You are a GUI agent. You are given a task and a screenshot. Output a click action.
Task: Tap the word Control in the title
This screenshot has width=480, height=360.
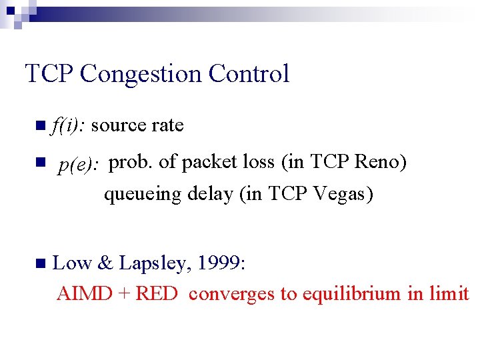click(249, 73)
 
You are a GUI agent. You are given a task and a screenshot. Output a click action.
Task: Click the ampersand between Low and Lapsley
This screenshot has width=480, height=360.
click(105, 263)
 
